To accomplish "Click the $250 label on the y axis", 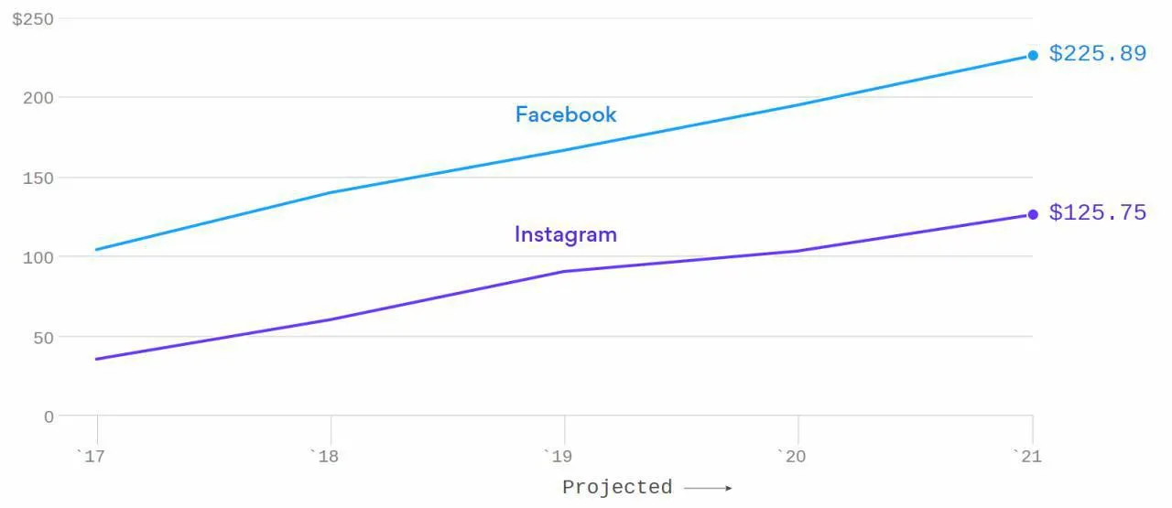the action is click(33, 19).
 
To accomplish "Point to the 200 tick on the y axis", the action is click(38, 98).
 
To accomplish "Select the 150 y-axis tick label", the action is click(38, 178).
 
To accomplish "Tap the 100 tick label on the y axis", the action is click(38, 257).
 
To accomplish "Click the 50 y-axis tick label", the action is click(43, 338).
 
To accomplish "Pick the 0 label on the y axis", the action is click(49, 417).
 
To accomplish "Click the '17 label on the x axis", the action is click(91, 456).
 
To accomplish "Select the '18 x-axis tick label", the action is click(324, 456).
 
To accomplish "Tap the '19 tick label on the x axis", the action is click(558, 456).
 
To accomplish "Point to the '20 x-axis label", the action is click(792, 456).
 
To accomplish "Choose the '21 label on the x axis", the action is click(1027, 456).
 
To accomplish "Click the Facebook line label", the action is click(566, 114).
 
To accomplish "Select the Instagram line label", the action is click(566, 235).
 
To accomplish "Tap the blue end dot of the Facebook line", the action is click(1033, 56).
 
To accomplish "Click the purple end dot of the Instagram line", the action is click(1033, 214).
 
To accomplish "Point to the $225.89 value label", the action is click(1098, 53).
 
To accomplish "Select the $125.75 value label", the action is click(1098, 212).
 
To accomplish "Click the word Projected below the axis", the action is click(617, 487).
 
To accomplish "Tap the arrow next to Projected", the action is click(708, 488).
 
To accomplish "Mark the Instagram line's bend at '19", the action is click(564, 272).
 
